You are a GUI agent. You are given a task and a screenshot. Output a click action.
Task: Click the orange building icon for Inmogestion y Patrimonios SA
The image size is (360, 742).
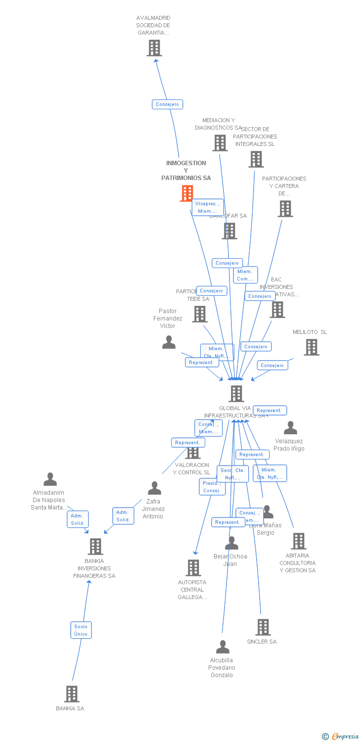(x=186, y=193)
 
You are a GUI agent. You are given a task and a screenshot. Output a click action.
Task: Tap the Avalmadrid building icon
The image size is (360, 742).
(x=154, y=48)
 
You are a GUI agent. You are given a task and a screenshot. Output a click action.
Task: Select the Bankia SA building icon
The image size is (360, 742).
(x=72, y=694)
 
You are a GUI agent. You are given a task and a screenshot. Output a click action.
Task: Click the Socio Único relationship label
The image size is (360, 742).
(x=81, y=630)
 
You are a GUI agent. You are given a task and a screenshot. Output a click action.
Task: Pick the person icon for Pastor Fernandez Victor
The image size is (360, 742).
(x=169, y=342)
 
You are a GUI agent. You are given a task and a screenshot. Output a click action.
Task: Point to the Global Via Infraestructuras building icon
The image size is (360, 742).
(x=236, y=394)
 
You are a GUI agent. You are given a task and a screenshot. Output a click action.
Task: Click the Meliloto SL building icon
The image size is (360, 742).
(x=311, y=347)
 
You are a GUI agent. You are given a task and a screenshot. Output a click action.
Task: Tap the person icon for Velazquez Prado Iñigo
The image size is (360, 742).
(x=290, y=428)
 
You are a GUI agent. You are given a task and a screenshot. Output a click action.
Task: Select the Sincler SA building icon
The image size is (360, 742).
(x=263, y=627)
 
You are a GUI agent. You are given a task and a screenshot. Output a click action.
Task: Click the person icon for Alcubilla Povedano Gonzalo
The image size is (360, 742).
(x=223, y=647)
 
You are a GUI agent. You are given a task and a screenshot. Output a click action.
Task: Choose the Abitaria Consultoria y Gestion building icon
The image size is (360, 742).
(x=298, y=541)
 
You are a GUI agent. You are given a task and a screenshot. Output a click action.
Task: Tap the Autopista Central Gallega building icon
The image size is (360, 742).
(x=193, y=568)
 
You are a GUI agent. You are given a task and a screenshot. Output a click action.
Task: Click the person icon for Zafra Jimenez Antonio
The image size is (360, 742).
(x=154, y=488)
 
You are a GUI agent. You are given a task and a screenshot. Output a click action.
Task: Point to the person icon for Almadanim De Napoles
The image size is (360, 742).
(x=50, y=479)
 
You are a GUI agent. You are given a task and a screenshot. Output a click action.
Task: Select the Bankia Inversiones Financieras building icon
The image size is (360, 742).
(x=95, y=547)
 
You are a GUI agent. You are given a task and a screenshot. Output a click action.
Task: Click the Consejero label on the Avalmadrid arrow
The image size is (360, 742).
(x=167, y=104)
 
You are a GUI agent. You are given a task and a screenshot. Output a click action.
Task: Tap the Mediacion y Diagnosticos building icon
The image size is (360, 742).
(x=220, y=143)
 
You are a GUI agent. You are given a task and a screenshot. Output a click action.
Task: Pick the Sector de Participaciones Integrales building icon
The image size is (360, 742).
(x=256, y=159)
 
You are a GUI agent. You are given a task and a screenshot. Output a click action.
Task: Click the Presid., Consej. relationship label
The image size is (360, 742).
(x=212, y=487)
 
